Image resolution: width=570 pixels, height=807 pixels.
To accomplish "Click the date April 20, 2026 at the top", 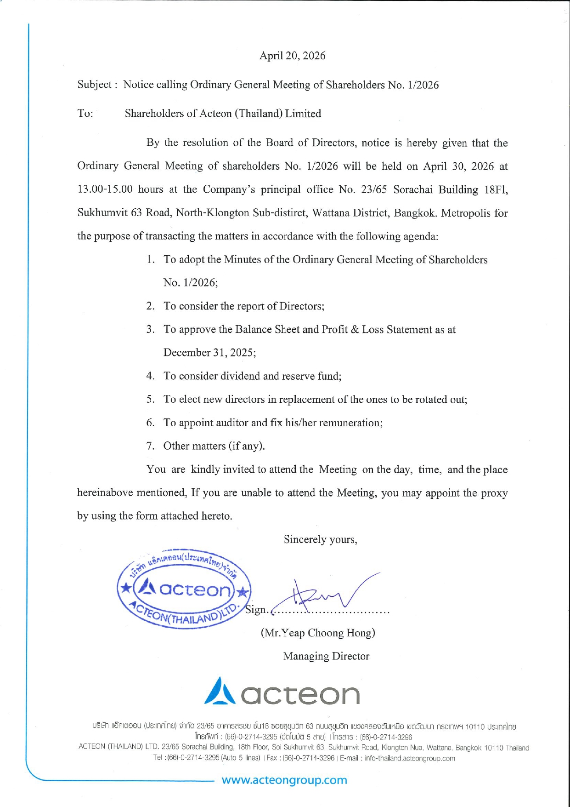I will pyautogui.click(x=292, y=56).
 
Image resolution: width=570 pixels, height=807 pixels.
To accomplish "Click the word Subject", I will pyautogui.click(x=94, y=85).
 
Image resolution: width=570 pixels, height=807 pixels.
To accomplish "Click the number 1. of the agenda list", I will pyautogui.click(x=150, y=259).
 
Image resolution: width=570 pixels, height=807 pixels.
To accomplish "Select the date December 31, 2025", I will pyautogui.click(x=209, y=353).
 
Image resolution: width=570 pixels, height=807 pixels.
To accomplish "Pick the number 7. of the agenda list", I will pyautogui.click(x=150, y=446).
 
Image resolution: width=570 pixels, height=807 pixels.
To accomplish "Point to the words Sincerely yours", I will pyautogui.click(x=320, y=539).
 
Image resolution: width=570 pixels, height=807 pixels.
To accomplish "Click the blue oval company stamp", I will pyautogui.click(x=184, y=589).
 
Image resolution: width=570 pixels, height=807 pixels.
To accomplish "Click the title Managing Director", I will pyautogui.click(x=326, y=656).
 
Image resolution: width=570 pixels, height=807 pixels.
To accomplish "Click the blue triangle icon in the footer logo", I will pyautogui.click(x=220, y=692).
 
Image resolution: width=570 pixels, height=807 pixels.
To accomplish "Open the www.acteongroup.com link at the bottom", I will pyautogui.click(x=284, y=780).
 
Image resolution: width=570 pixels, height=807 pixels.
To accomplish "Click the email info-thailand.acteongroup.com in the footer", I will pyautogui.click(x=410, y=758).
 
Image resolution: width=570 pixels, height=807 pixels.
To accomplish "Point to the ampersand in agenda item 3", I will pyautogui.click(x=355, y=330).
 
